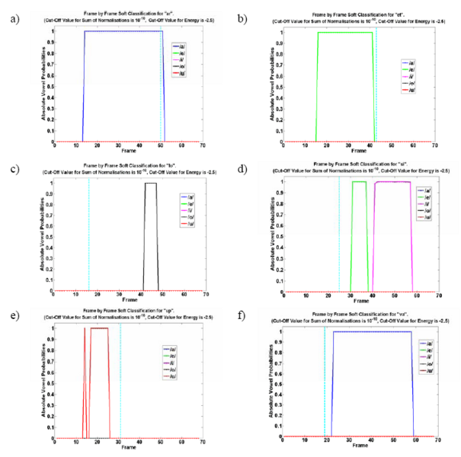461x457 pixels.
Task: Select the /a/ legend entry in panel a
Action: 183,46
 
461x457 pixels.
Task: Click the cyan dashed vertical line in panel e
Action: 120,381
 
